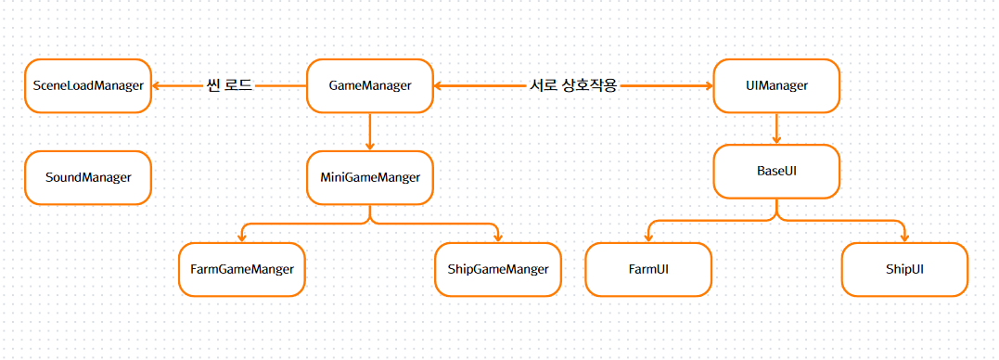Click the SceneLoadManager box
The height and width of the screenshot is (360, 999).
[88, 86]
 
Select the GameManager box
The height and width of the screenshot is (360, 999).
[369, 86]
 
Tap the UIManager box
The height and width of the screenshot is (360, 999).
[776, 86]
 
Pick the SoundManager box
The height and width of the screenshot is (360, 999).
[88, 178]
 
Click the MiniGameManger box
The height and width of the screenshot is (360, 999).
[369, 178]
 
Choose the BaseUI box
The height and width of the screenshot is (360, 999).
[776, 172]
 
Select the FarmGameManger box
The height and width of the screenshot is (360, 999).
[242, 269]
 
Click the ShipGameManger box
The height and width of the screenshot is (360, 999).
[498, 269]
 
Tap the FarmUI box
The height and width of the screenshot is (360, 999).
[648, 269]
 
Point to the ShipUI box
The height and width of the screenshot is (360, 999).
[904, 269]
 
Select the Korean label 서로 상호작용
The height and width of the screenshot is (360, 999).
[572, 86]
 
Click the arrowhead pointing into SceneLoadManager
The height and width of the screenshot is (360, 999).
[157, 86]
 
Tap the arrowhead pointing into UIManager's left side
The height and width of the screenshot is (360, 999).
[708, 86]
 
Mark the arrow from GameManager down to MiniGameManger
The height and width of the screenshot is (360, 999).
[369, 132]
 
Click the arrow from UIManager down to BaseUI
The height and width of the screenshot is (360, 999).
[776, 129]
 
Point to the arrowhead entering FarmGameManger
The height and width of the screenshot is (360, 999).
[242, 238]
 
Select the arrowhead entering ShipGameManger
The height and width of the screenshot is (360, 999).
[498, 238]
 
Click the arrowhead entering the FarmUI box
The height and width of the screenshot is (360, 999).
[648, 238]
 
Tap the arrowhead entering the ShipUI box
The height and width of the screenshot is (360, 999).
[904, 238]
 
